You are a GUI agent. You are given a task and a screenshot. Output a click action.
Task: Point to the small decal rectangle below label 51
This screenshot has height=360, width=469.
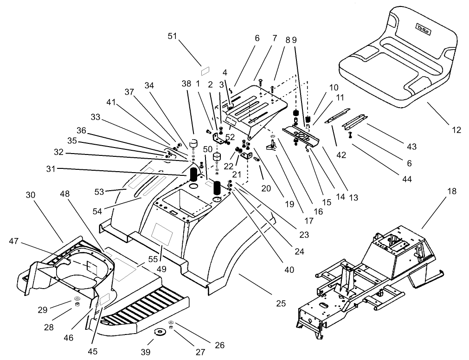pos(206,71)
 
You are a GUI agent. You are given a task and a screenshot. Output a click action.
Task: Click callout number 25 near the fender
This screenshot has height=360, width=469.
pos(281,303)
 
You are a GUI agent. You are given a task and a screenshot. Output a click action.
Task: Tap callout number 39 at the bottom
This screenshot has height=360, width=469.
pos(146,352)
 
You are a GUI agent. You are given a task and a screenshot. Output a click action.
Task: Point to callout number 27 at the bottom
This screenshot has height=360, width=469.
pos(200,352)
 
